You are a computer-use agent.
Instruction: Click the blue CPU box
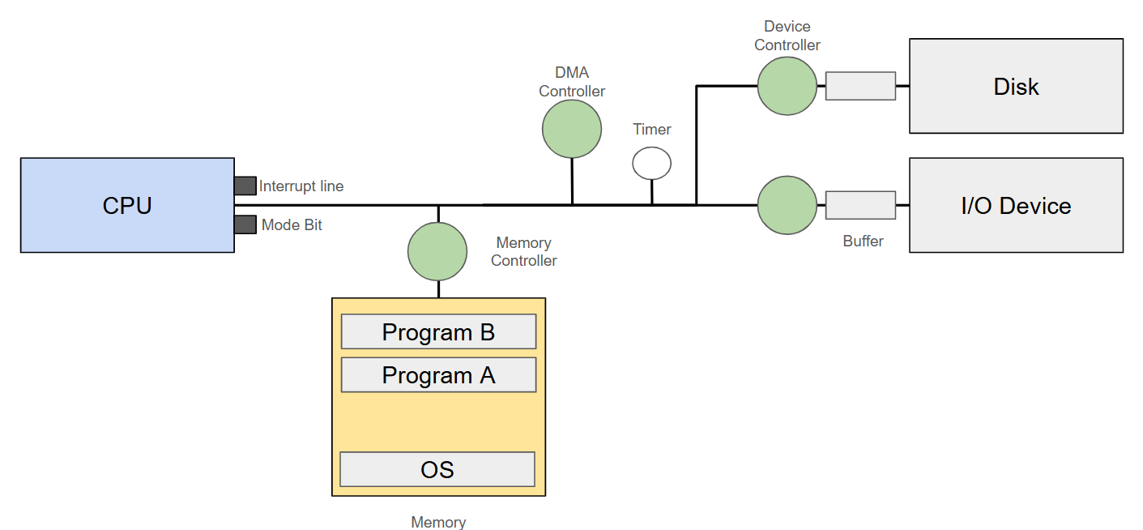pos(127,205)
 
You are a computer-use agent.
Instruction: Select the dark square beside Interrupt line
pos(245,186)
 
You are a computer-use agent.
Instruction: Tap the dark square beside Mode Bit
pos(245,224)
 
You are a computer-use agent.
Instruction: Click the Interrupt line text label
pos(301,186)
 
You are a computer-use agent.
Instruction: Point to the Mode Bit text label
pos(292,225)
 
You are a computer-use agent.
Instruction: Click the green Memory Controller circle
pos(437,251)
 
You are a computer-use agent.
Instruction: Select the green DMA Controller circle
pos(572,128)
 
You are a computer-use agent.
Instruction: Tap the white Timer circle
pos(651,163)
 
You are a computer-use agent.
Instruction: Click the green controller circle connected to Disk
pos(787,86)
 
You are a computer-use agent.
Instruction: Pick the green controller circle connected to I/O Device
pos(787,205)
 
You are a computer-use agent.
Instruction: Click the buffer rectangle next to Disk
pos(860,86)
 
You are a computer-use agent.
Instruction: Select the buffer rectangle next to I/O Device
pos(860,205)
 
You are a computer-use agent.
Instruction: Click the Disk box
pos(1016,86)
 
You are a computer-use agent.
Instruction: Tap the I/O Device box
pos(1016,205)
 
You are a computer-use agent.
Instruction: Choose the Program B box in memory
pos(438,331)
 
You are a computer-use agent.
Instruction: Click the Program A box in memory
pos(438,375)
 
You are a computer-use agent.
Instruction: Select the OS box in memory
pos(437,469)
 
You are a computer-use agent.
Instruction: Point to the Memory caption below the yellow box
pos(438,523)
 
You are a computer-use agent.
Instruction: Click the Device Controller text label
pos(787,36)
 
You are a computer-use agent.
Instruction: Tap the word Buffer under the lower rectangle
pos(863,241)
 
